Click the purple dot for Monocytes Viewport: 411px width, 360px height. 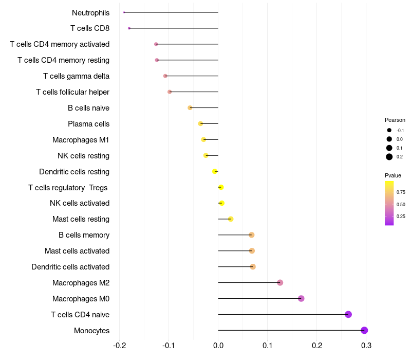coord(364,330)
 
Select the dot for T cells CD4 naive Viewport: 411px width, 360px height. coord(348,314)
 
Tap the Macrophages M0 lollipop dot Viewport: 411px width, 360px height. coord(301,298)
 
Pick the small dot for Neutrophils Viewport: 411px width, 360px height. coord(124,12)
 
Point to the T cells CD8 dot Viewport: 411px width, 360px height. coord(129,28)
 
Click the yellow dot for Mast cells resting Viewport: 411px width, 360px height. coord(231,219)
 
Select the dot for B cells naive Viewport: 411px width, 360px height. coord(190,107)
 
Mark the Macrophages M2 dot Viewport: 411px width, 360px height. coord(280,282)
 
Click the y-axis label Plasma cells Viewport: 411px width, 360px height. coord(88,124)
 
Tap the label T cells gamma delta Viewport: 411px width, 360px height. coord(76,76)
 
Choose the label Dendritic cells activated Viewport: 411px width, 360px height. coord(70,267)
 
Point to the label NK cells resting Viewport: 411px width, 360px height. coord(83,156)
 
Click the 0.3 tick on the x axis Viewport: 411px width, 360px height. coord(366,345)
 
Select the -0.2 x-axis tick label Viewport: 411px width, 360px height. coord(119,345)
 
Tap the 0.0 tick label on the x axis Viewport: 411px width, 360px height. coord(218,345)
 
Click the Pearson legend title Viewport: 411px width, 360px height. coord(395,120)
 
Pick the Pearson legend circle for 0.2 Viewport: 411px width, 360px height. coord(389,157)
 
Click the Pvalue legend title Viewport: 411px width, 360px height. coord(393,175)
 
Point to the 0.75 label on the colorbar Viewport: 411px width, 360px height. coord(400,192)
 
